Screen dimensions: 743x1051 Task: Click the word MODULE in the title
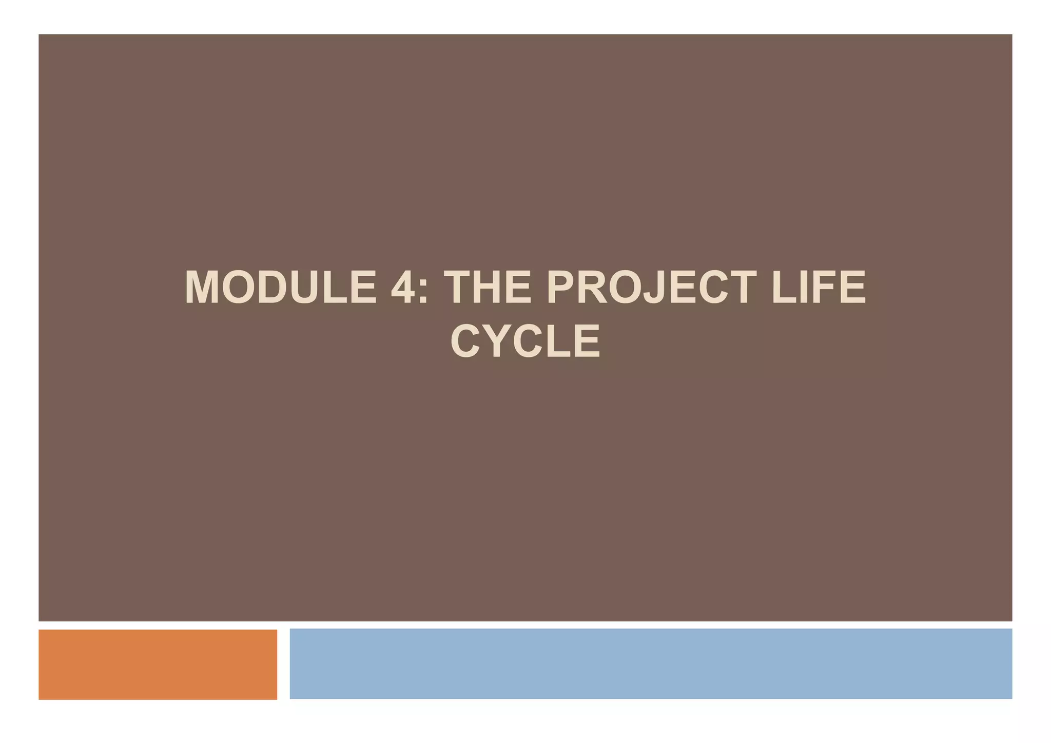tap(281, 288)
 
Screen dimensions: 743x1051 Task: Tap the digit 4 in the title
tap(403, 288)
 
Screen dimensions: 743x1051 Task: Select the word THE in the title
tap(488, 288)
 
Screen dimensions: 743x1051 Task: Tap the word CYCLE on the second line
tap(525, 341)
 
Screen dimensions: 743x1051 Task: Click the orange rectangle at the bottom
tap(158, 664)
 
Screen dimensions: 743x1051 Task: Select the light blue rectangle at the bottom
tap(650, 664)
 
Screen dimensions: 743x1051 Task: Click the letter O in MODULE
tap(240, 288)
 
